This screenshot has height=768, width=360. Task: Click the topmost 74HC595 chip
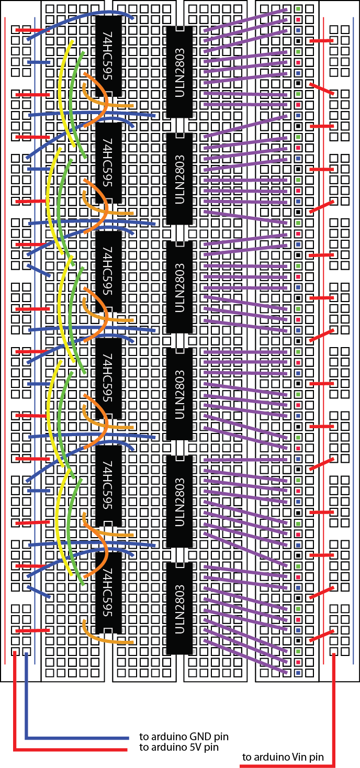(108, 56)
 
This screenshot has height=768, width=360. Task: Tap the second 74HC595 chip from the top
(108, 163)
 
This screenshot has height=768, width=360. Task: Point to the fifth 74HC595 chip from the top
(108, 485)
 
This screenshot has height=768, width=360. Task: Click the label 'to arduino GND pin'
(184, 737)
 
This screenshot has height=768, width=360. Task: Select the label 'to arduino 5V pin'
(179, 747)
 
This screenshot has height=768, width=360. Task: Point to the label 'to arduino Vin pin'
(283, 757)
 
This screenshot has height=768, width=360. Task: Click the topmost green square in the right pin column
(298, 9)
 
